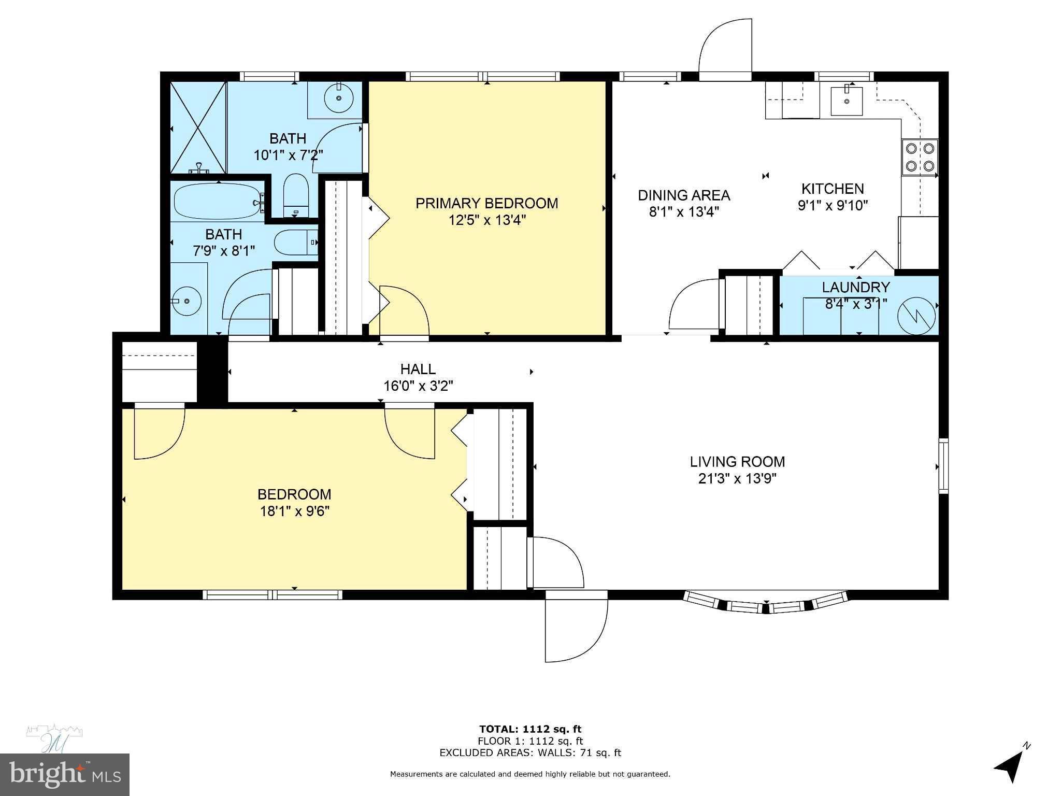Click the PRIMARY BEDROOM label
coord(486,203)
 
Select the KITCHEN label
coord(833,189)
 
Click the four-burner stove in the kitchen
coord(920,157)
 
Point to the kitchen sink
coord(847,101)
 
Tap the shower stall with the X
coord(198,127)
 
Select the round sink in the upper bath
coord(339,97)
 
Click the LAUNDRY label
coord(856,287)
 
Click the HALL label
coord(418,369)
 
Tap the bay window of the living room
coord(766,604)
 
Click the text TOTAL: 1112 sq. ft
coord(530,729)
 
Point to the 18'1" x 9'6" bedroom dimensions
coord(294,511)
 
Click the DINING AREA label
coord(683,195)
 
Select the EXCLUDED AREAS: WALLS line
coord(530,753)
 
